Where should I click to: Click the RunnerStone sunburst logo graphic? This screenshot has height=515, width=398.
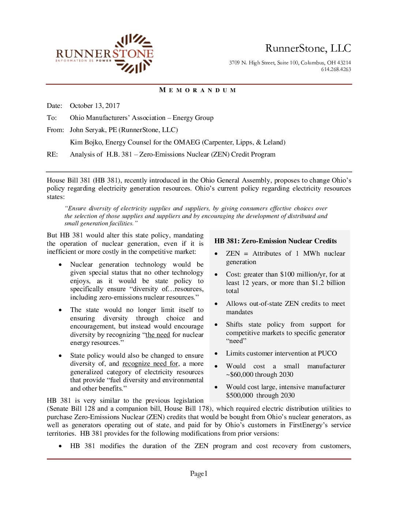click(x=134, y=53)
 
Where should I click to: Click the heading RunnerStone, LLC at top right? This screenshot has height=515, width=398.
click(x=308, y=48)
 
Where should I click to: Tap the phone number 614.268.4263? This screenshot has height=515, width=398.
click(x=336, y=69)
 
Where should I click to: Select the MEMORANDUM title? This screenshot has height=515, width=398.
click(x=198, y=90)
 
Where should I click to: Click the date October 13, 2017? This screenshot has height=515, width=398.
click(x=95, y=106)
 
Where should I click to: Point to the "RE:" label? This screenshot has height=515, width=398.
click(x=52, y=154)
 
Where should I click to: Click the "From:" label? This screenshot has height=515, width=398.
click(x=55, y=130)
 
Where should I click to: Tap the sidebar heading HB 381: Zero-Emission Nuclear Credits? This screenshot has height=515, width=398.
click(x=275, y=241)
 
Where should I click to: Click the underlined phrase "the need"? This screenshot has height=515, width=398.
click(x=158, y=335)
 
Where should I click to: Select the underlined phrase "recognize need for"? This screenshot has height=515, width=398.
click(x=150, y=364)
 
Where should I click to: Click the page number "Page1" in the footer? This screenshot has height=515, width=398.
click(x=199, y=474)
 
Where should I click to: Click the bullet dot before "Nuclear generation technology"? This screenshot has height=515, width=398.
click(x=60, y=264)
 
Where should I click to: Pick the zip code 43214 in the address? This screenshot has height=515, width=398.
click(x=344, y=63)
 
